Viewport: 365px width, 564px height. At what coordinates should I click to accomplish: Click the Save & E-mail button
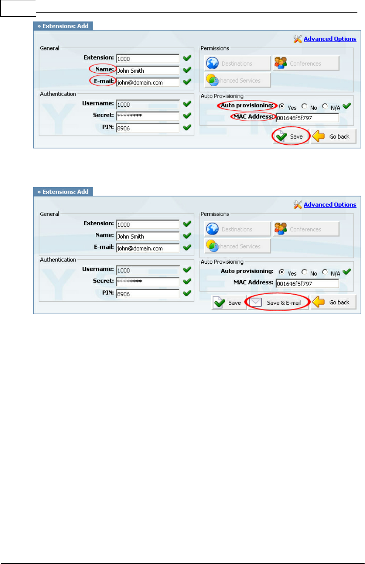point(279,303)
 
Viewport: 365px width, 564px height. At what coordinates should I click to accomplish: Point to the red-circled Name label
point(104,69)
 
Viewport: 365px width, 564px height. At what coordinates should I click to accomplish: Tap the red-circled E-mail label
point(104,81)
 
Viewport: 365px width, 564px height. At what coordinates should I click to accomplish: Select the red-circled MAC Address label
point(253,116)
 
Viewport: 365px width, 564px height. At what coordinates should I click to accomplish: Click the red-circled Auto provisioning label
point(247,105)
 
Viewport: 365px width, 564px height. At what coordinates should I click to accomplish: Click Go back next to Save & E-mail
point(334,302)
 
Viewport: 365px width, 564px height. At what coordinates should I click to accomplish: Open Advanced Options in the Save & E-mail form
point(330,205)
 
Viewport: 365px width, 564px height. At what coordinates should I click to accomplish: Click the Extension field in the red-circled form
point(148,59)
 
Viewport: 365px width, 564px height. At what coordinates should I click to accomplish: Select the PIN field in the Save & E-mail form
point(148,294)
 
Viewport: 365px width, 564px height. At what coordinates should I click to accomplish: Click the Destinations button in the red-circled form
point(237,63)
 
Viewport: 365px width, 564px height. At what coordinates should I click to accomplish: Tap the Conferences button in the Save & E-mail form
point(306,229)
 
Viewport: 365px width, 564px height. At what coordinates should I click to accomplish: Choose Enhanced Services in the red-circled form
point(237,80)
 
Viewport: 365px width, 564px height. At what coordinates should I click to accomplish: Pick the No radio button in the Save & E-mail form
point(304,272)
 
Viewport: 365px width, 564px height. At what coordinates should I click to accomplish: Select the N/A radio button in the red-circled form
point(325,106)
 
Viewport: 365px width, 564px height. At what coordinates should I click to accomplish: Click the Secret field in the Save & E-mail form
point(148,281)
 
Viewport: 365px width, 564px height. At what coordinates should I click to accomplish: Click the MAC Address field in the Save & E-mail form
point(307,283)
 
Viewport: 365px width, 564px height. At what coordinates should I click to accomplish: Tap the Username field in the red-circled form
point(148,104)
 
